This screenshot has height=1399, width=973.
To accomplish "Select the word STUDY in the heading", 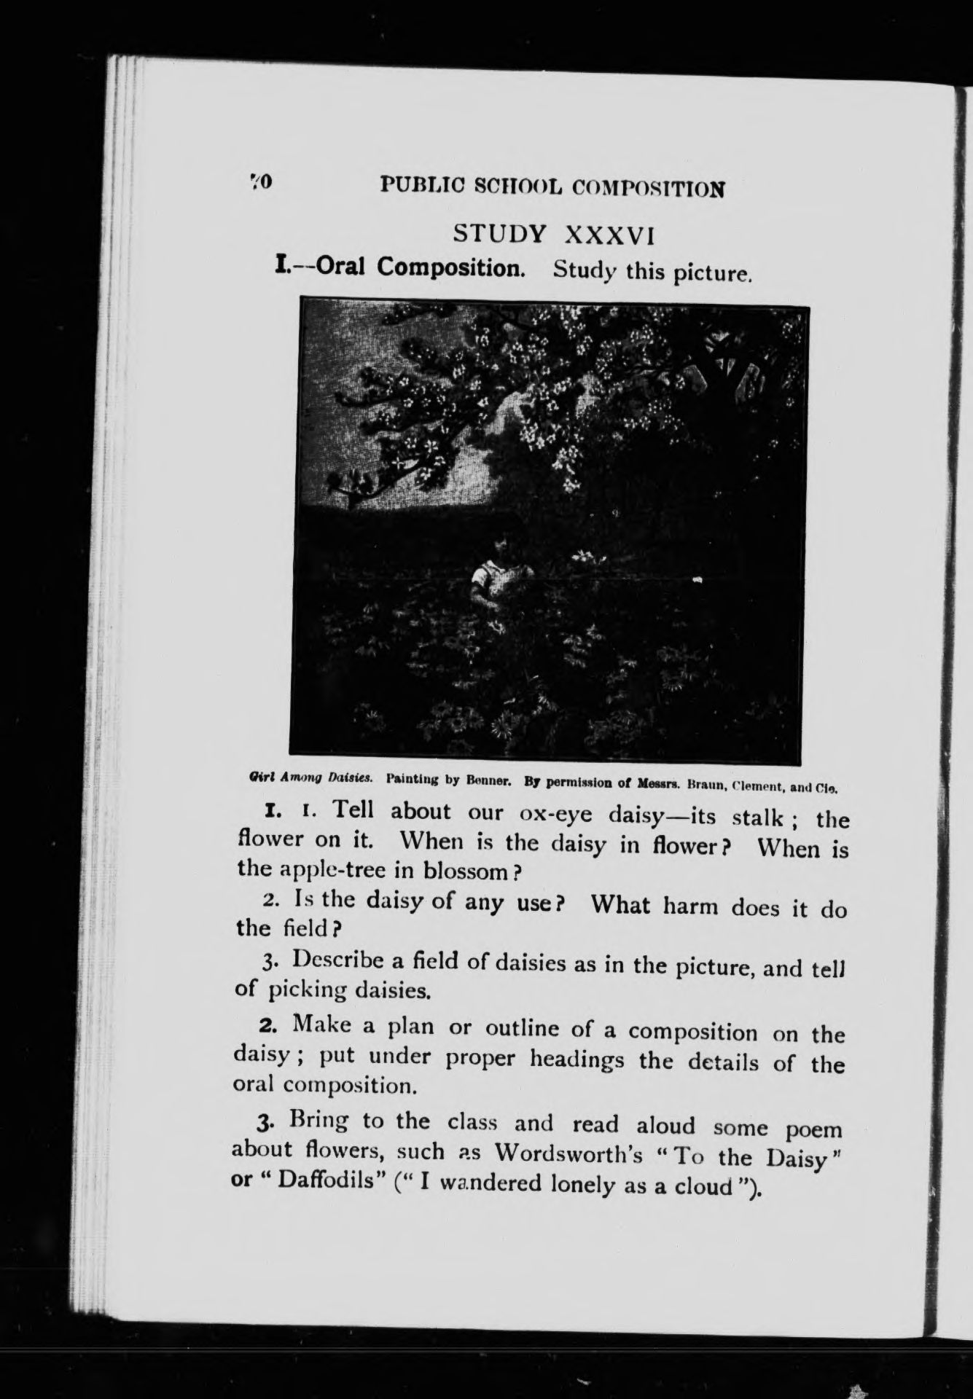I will coord(499,234).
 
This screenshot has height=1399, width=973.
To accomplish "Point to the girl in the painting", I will coord(493,569).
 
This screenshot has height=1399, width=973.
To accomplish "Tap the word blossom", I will coord(462,871).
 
